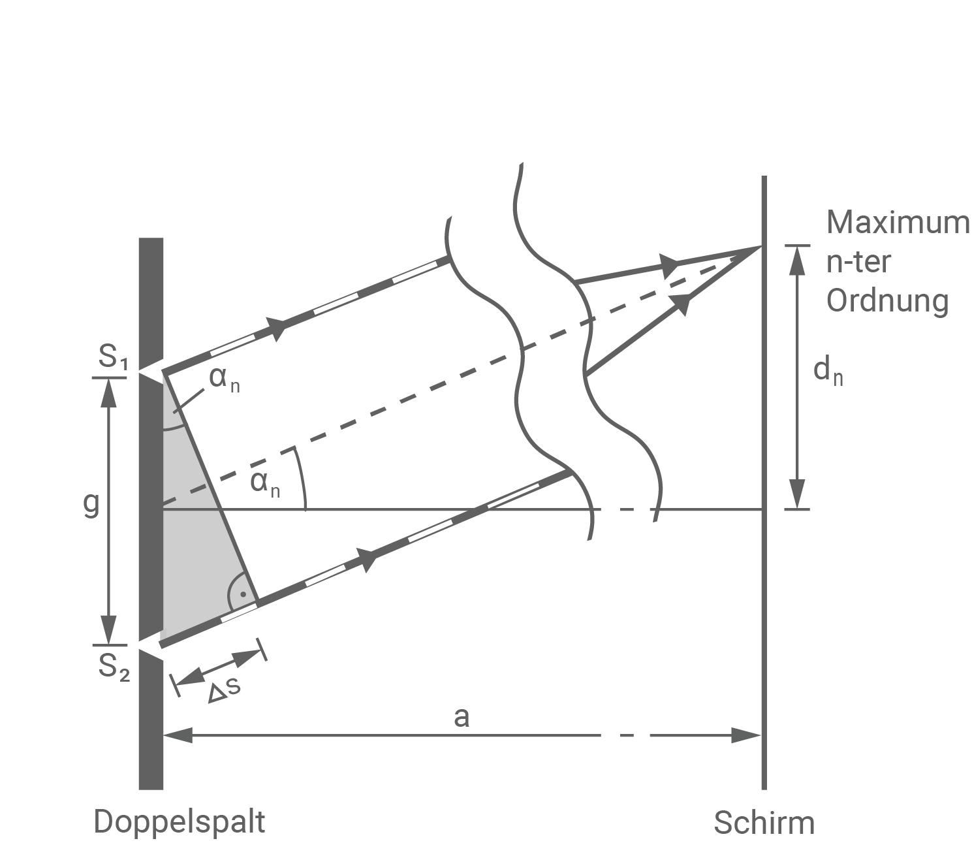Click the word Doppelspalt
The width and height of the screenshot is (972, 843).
[x=180, y=821]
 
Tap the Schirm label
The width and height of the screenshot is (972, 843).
[x=764, y=823]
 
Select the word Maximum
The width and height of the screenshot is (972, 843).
[x=898, y=223]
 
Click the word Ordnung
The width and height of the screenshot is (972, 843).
[x=887, y=302]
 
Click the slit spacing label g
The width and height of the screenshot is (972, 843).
[x=91, y=505]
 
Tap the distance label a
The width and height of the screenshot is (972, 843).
[x=462, y=717]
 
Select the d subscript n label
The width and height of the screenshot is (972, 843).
[x=828, y=372]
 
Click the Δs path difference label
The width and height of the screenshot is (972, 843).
[x=224, y=692]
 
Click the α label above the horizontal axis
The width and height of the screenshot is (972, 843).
[x=265, y=483]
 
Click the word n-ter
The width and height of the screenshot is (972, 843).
[x=859, y=262]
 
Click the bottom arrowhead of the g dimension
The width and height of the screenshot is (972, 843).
[x=109, y=628]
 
